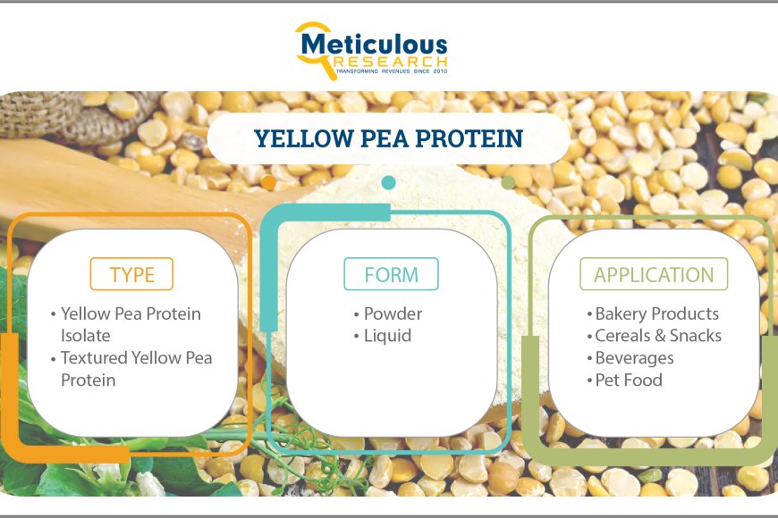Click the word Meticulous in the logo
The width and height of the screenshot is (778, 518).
pos(374,45)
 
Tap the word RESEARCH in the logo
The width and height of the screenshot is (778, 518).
pos(391,62)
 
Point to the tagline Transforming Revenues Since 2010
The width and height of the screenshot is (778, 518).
pos(392,71)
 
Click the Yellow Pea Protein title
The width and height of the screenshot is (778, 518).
pos(388,138)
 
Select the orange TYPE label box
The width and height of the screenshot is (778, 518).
pos(131,273)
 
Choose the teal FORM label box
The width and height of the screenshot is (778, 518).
pos(391,273)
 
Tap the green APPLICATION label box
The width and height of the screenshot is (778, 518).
pos(654,273)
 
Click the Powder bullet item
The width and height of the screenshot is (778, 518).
pos(388,313)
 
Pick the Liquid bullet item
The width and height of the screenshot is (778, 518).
pos(383,336)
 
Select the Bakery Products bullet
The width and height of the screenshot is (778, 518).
pos(653,313)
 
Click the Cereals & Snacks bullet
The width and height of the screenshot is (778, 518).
pos(654,336)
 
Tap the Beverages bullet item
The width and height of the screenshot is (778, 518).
pos(630,358)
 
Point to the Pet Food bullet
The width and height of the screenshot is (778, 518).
pos(625,380)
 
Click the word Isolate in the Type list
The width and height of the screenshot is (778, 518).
pos(85,336)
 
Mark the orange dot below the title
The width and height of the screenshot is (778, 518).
pos(268,182)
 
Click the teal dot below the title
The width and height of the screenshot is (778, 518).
pos(388,182)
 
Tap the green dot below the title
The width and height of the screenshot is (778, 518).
pos(508,182)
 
